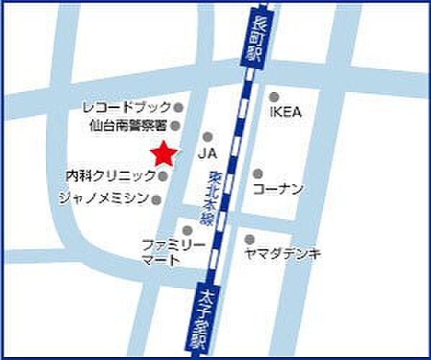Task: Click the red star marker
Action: pyautogui.click(x=164, y=153)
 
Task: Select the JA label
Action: pyautogui.click(x=208, y=153)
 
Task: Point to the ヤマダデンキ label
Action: pyautogui.click(x=283, y=253)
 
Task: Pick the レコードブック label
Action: pyautogui.click(x=127, y=108)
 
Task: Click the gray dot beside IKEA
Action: pyautogui.click(x=274, y=96)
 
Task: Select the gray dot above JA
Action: pyautogui.click(x=208, y=136)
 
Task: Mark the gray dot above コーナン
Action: pyautogui.click(x=257, y=174)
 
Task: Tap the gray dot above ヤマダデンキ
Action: pyautogui.click(x=249, y=239)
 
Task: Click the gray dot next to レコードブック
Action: pyautogui.click(x=178, y=108)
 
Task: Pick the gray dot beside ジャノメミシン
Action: pyautogui.click(x=157, y=199)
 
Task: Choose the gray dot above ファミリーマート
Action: pyautogui.click(x=187, y=230)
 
